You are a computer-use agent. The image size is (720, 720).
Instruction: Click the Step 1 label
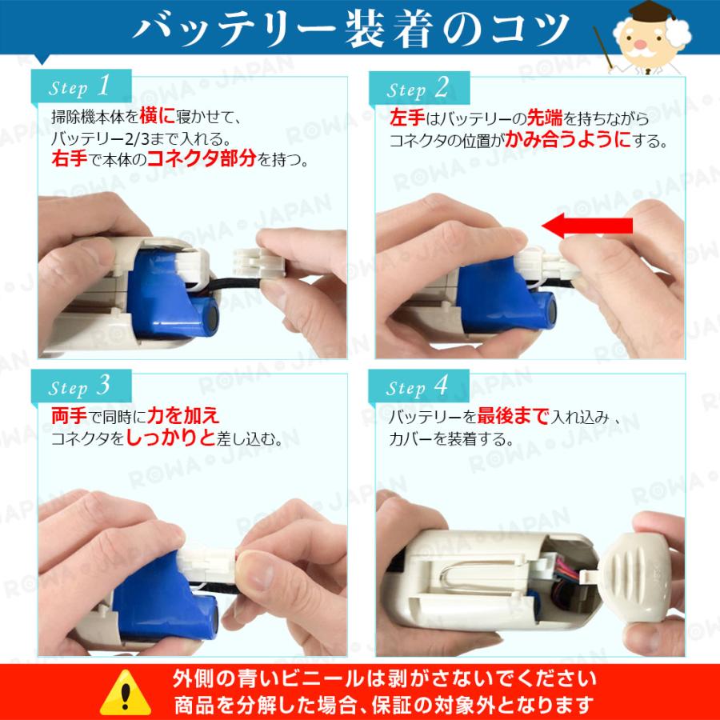click(x=79, y=86)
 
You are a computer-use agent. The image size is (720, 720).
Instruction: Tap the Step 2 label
click(x=418, y=89)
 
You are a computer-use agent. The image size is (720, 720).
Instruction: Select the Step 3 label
click(x=79, y=386)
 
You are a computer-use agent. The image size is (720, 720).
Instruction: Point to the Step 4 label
click(x=418, y=387)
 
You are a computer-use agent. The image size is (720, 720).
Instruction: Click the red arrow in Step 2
click(x=587, y=226)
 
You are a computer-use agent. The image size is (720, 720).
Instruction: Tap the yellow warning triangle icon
click(x=126, y=694)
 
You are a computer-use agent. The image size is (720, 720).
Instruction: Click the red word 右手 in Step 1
click(x=69, y=159)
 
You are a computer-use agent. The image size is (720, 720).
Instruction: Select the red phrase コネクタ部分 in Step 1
click(x=202, y=158)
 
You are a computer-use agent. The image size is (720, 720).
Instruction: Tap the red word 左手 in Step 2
click(x=407, y=118)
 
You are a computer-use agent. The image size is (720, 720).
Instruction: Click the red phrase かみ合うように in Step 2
click(x=568, y=139)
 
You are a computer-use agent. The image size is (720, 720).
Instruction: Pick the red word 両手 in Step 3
click(x=69, y=416)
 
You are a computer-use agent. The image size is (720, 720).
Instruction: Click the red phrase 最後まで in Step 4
click(x=513, y=416)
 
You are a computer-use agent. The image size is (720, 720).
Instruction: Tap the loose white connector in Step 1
click(x=259, y=262)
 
